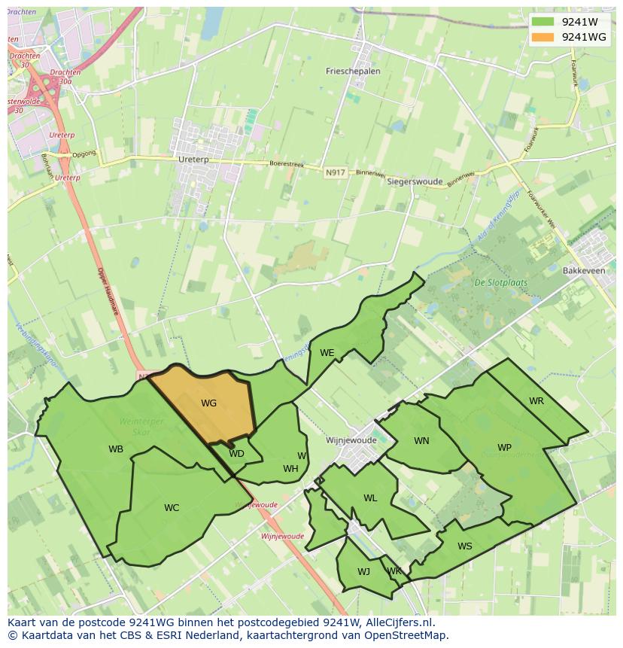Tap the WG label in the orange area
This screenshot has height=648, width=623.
208,403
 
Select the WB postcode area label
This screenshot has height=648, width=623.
116,449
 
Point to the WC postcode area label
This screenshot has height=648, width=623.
172,507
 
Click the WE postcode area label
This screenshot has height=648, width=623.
327,352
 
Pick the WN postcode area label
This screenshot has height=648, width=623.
421,441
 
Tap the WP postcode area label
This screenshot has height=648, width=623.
504,448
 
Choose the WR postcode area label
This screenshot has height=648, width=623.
536,401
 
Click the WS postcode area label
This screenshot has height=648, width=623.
465,546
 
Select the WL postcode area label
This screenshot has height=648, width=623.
370,498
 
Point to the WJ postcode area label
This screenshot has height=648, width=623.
363,571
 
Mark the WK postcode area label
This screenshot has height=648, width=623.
394,571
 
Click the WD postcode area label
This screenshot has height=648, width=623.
236,454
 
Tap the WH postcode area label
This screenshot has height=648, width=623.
290,468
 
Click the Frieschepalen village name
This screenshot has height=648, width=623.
353,71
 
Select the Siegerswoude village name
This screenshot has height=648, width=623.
415,181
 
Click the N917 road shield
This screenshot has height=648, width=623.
336,172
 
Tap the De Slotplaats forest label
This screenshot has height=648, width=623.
500,283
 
